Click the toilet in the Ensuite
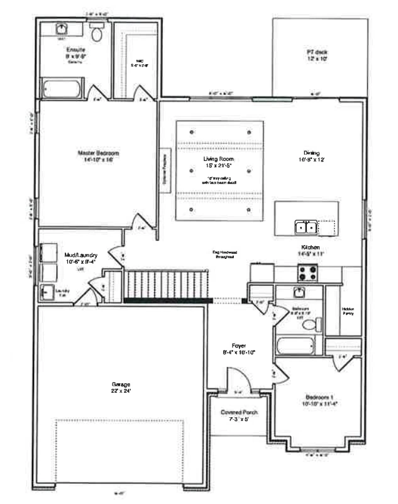point(96,34)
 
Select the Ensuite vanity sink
point(62,30)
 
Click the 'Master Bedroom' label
point(98,153)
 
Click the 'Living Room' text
point(218,160)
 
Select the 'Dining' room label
point(311,153)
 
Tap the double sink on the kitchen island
point(306,226)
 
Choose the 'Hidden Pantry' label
point(348,310)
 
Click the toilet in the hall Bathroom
point(317,324)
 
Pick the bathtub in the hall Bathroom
point(299,346)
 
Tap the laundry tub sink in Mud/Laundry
point(47,292)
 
